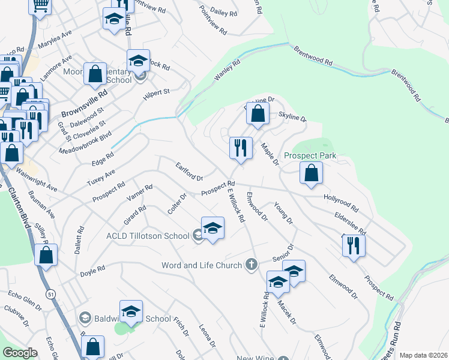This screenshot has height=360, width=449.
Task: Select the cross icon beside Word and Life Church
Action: coord(252,265)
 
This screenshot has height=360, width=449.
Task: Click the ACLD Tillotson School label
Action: coord(148,236)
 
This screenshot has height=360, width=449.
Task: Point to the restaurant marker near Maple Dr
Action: coord(241,148)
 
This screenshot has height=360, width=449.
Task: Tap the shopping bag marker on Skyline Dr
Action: coord(258,113)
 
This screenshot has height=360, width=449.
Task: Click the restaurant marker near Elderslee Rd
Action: coord(354,245)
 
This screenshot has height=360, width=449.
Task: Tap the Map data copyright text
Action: coord(423,355)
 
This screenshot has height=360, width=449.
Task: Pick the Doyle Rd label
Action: coord(92,271)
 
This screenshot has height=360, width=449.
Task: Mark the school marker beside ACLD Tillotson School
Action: coord(212,228)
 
